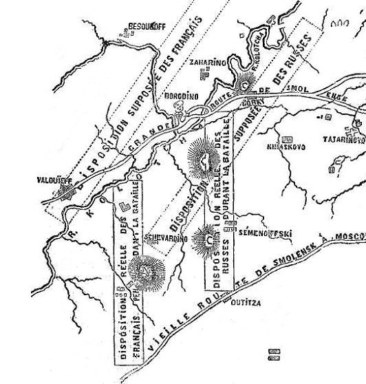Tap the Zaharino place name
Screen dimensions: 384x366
tap(208, 61)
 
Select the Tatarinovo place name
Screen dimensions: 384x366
tap(343, 139)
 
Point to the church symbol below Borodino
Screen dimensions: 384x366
tap(181, 108)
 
